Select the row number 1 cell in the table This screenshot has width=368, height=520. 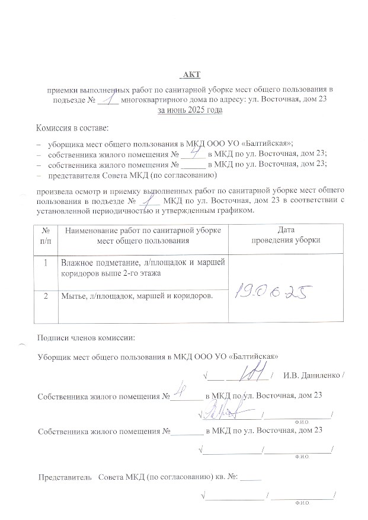click(45, 261)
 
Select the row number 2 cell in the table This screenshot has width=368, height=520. click(45, 295)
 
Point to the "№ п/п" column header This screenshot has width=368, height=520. click(45, 235)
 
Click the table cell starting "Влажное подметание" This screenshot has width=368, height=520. click(140, 267)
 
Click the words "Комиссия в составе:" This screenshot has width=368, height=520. click(72, 127)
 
